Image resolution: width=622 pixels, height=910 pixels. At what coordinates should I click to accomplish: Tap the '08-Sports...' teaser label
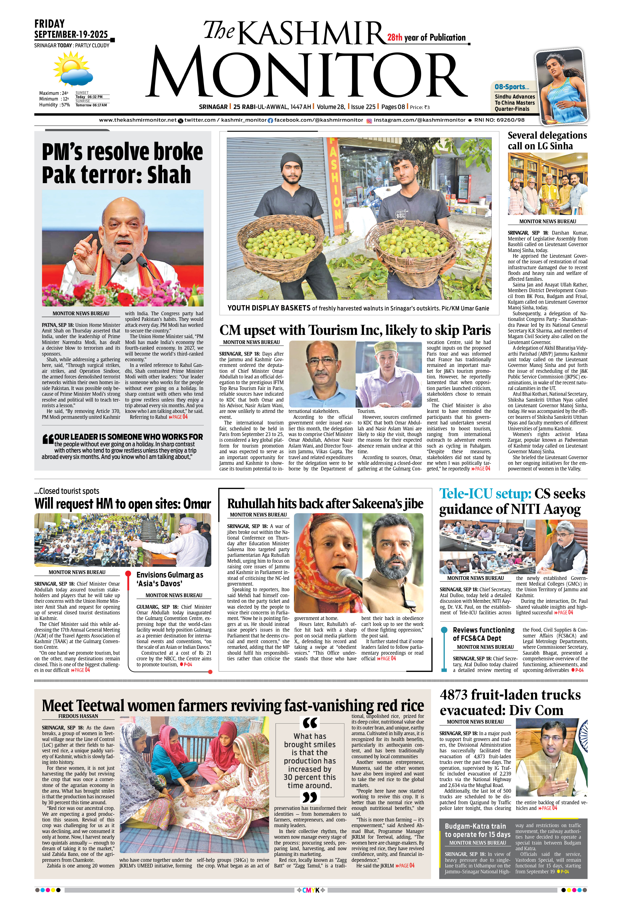coord(512,87)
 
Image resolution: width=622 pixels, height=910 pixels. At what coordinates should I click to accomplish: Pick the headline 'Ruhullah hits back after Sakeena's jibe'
coord(325,504)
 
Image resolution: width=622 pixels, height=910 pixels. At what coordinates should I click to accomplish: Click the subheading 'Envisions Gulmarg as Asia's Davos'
coord(170,579)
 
